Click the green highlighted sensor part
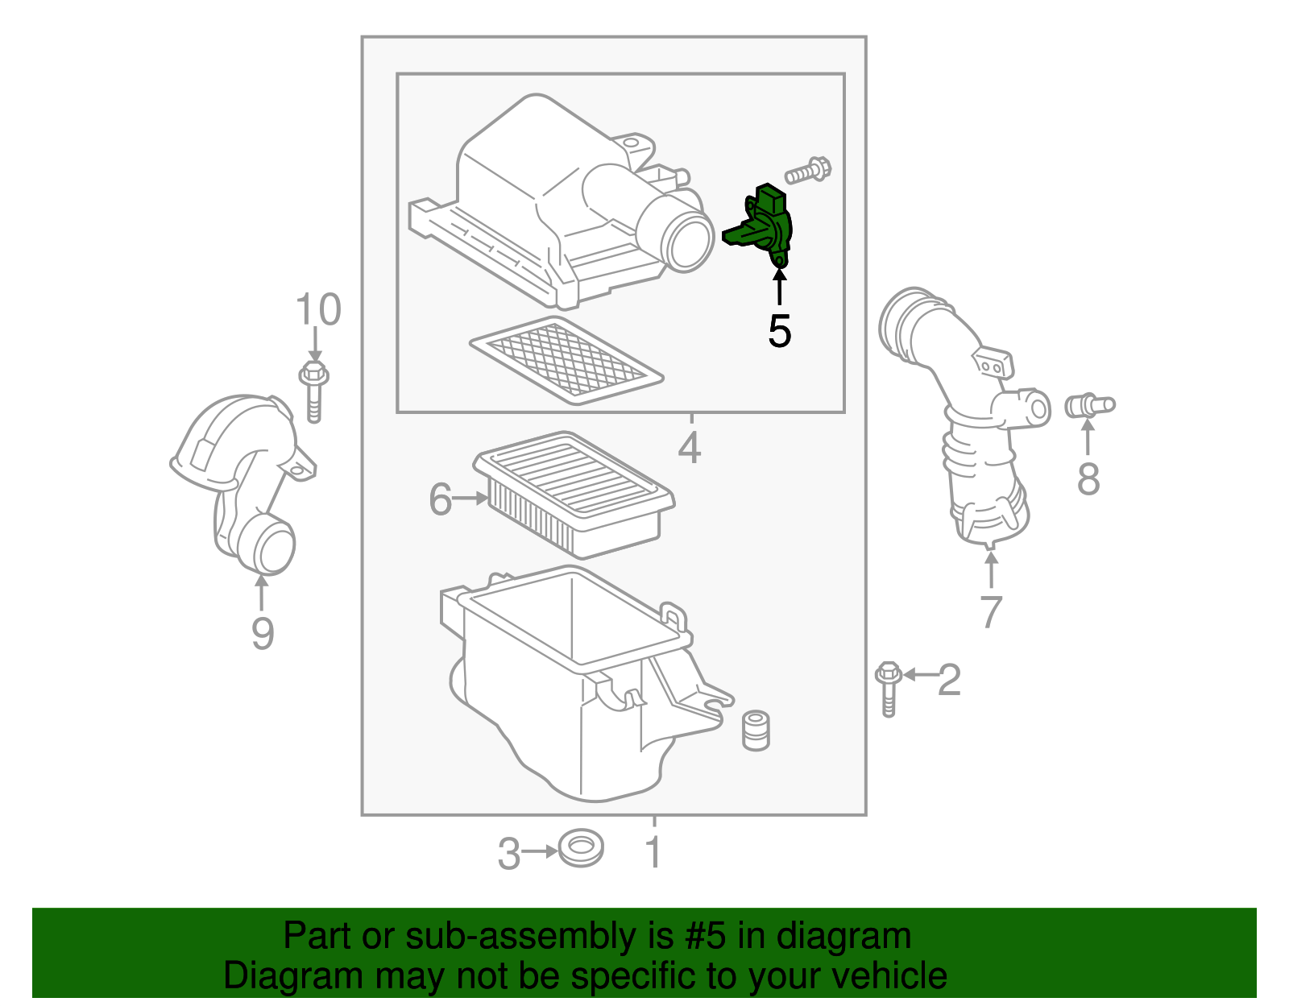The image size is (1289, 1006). coord(761,226)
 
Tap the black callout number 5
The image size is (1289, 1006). coord(779,331)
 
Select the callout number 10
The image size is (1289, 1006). coord(318,310)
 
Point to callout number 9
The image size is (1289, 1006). coord(263,632)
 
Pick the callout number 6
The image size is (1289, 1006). coord(441,499)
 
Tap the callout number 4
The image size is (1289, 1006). coord(690,448)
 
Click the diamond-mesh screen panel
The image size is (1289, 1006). coord(566,361)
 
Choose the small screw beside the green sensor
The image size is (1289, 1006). coord(808,171)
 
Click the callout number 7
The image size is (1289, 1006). coord(991,612)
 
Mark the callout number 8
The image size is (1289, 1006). coord(1088,479)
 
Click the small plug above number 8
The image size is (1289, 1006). coord(1088,405)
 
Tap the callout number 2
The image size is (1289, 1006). coord(950,680)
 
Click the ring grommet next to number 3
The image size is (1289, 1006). coord(581,850)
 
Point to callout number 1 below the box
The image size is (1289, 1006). coord(654,852)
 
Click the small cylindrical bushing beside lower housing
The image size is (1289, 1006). coord(755,730)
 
